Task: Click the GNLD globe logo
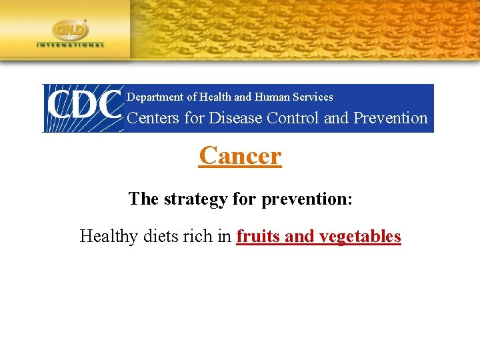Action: tap(71, 30)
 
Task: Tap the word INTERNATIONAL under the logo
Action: tap(71, 45)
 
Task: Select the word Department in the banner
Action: tap(155, 97)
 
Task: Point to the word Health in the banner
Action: tap(215, 97)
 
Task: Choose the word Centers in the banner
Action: tap(152, 118)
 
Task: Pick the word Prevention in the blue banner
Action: tap(390, 118)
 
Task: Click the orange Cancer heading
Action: tap(240, 156)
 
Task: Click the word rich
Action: tap(201, 237)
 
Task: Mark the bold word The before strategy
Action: tap(143, 199)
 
